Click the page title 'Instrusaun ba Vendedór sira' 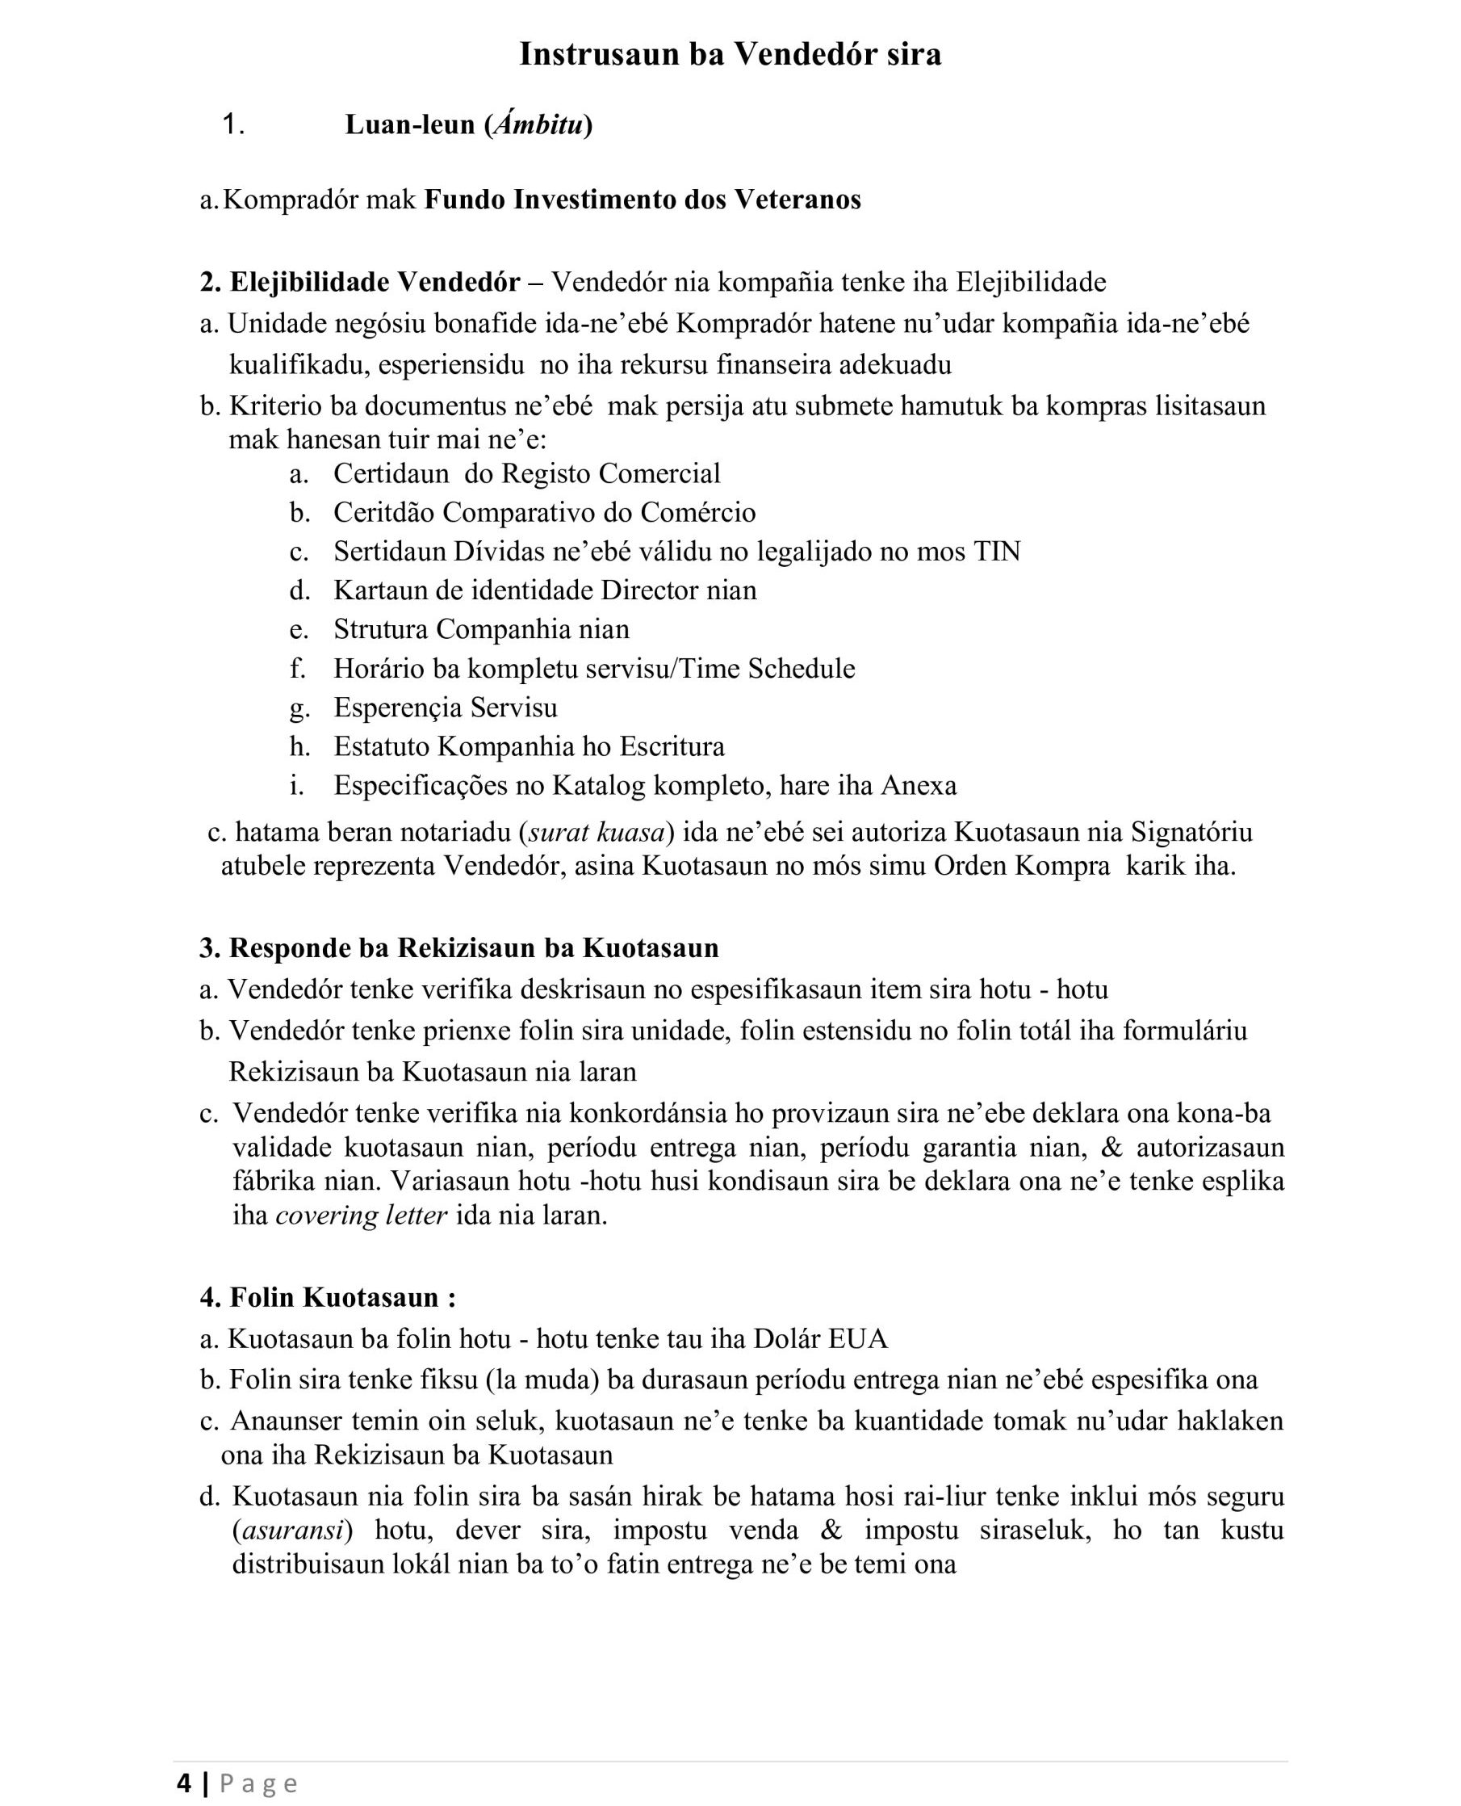(x=730, y=54)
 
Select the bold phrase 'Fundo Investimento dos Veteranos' (x=643, y=199)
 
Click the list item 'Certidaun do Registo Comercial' (x=527, y=473)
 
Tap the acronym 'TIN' (x=996, y=552)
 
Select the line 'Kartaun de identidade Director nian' (x=545, y=590)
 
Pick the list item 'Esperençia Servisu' (x=446, y=708)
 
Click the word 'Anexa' (x=919, y=786)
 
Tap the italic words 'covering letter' (x=361, y=1216)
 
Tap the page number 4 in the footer (x=184, y=1783)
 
